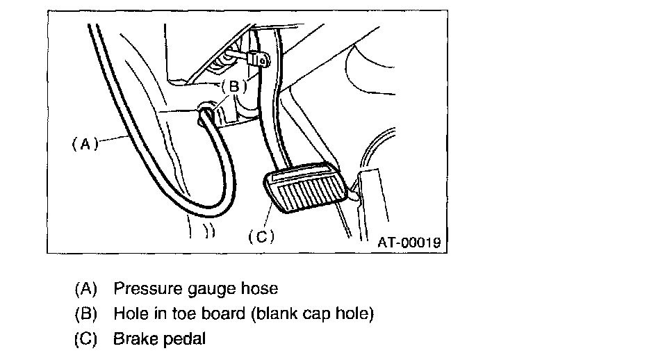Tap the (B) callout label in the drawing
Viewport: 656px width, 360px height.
pyautogui.click(x=234, y=87)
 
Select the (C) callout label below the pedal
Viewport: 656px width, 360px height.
pyautogui.click(x=262, y=236)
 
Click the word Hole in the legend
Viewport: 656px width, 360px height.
pyautogui.click(x=129, y=313)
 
